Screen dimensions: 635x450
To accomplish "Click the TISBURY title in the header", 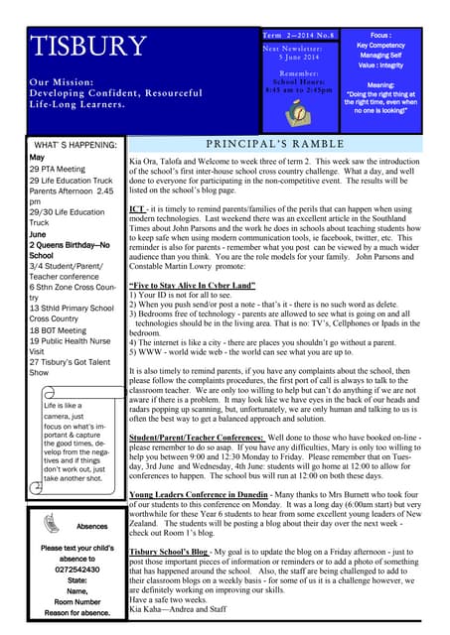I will tap(89, 48).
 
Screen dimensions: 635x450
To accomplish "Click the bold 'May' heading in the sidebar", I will tap(37, 158).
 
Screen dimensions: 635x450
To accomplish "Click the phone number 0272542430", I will tap(76, 570).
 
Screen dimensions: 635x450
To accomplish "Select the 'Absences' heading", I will tap(91, 527).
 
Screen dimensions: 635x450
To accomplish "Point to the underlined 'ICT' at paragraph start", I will tap(137, 210).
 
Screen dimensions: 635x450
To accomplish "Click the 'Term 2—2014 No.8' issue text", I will tap(298, 35).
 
